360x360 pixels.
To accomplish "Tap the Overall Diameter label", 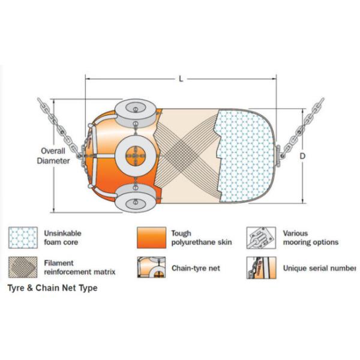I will (x=53, y=156).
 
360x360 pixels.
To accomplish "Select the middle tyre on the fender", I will (x=134, y=155).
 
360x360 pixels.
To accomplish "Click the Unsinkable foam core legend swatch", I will (x=23, y=238).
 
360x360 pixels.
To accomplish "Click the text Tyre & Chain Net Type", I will (x=52, y=288).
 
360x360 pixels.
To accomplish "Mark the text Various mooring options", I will (x=311, y=238).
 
